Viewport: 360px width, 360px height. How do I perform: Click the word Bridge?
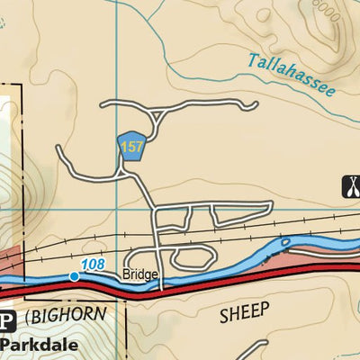(x=141, y=274)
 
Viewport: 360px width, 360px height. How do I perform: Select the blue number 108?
(x=92, y=264)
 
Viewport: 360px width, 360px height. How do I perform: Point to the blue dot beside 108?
(x=75, y=276)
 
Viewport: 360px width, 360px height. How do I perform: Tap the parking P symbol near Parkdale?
(x=7, y=321)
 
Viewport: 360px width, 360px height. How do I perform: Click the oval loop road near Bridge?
(x=189, y=258)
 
